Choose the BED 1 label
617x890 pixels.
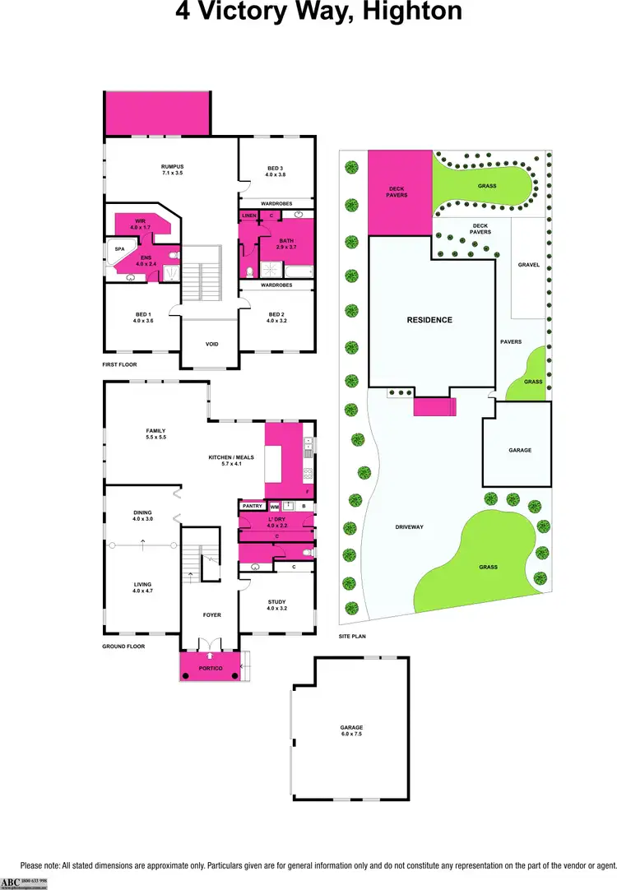(x=143, y=317)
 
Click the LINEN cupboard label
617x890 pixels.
(x=248, y=216)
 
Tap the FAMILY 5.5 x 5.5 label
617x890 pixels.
(x=155, y=433)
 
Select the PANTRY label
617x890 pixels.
(x=252, y=507)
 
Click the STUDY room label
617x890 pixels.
(x=276, y=605)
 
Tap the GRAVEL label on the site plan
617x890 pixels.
(x=528, y=265)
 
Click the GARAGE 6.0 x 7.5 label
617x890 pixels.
(x=351, y=730)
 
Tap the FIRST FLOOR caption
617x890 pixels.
(x=119, y=364)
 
